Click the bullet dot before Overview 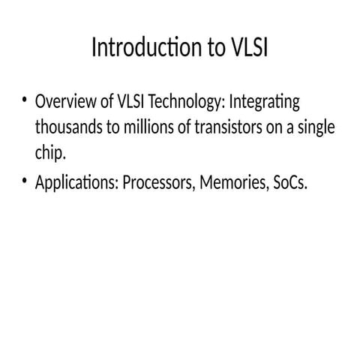pyautogui.click(x=25, y=100)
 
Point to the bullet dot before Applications pyautogui.click(x=25, y=181)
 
